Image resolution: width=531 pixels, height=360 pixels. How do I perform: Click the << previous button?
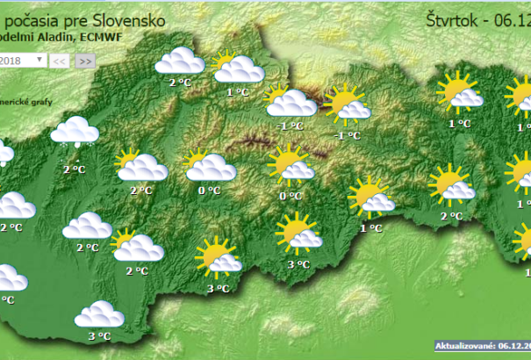click(59, 61)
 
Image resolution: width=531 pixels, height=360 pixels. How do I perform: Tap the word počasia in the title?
click(38, 18)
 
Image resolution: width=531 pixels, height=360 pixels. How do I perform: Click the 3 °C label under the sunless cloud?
click(100, 335)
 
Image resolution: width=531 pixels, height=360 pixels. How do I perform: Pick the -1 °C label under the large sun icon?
click(348, 135)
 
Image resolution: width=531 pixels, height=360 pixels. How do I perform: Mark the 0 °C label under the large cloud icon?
click(209, 190)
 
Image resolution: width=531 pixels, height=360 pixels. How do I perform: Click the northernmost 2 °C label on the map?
click(180, 83)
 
